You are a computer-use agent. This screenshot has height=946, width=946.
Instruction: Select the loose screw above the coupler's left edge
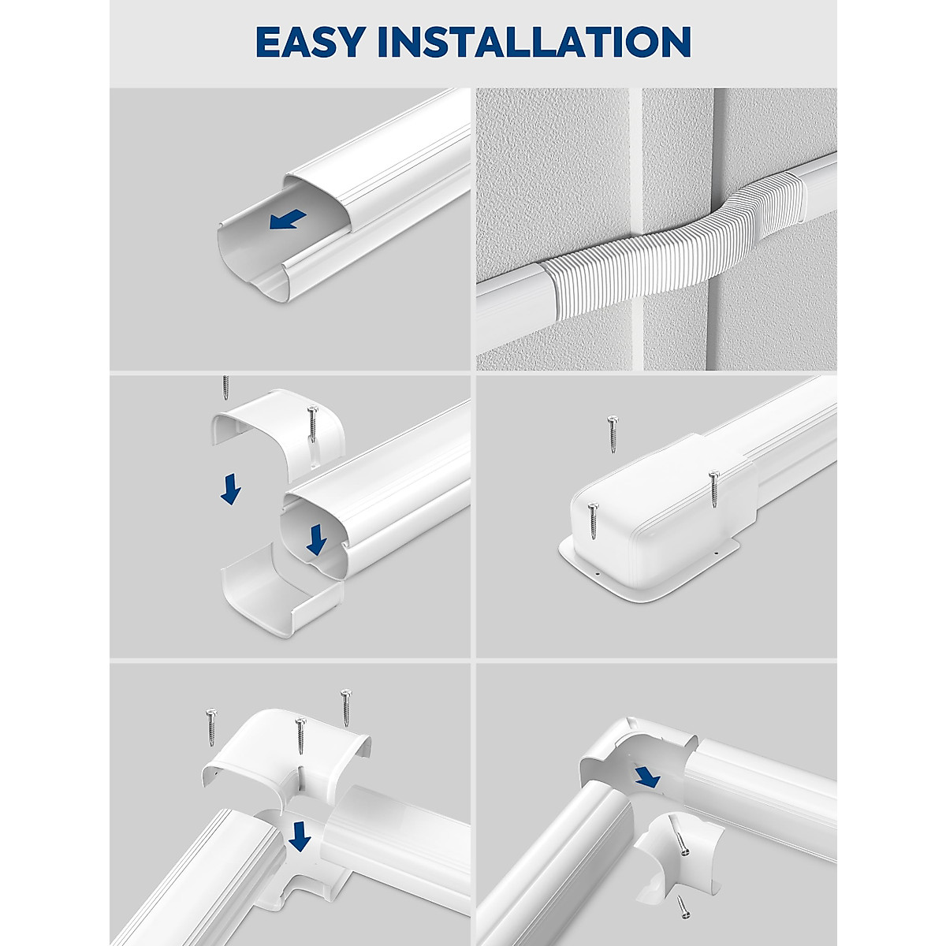pyautogui.click(x=226, y=387)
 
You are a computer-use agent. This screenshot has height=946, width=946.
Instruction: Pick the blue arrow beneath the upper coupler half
pyautogui.click(x=230, y=492)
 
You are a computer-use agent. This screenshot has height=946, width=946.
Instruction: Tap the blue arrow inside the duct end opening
pyautogui.click(x=317, y=540)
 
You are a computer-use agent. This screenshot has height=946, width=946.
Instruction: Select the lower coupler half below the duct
pyautogui.click(x=280, y=591)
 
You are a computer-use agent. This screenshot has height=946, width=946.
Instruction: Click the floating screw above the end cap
pyautogui.click(x=613, y=435)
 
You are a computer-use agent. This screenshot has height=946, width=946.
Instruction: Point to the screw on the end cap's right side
pyautogui.click(x=713, y=489)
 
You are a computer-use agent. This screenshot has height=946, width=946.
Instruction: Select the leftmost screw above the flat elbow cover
pyautogui.click(x=211, y=724)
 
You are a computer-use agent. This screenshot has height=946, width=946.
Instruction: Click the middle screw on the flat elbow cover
pyautogui.click(x=300, y=737)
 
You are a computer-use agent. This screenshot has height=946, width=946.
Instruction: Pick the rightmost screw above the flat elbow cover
pyautogui.click(x=345, y=707)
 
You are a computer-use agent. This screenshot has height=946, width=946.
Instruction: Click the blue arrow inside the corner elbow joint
pyautogui.click(x=648, y=777)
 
